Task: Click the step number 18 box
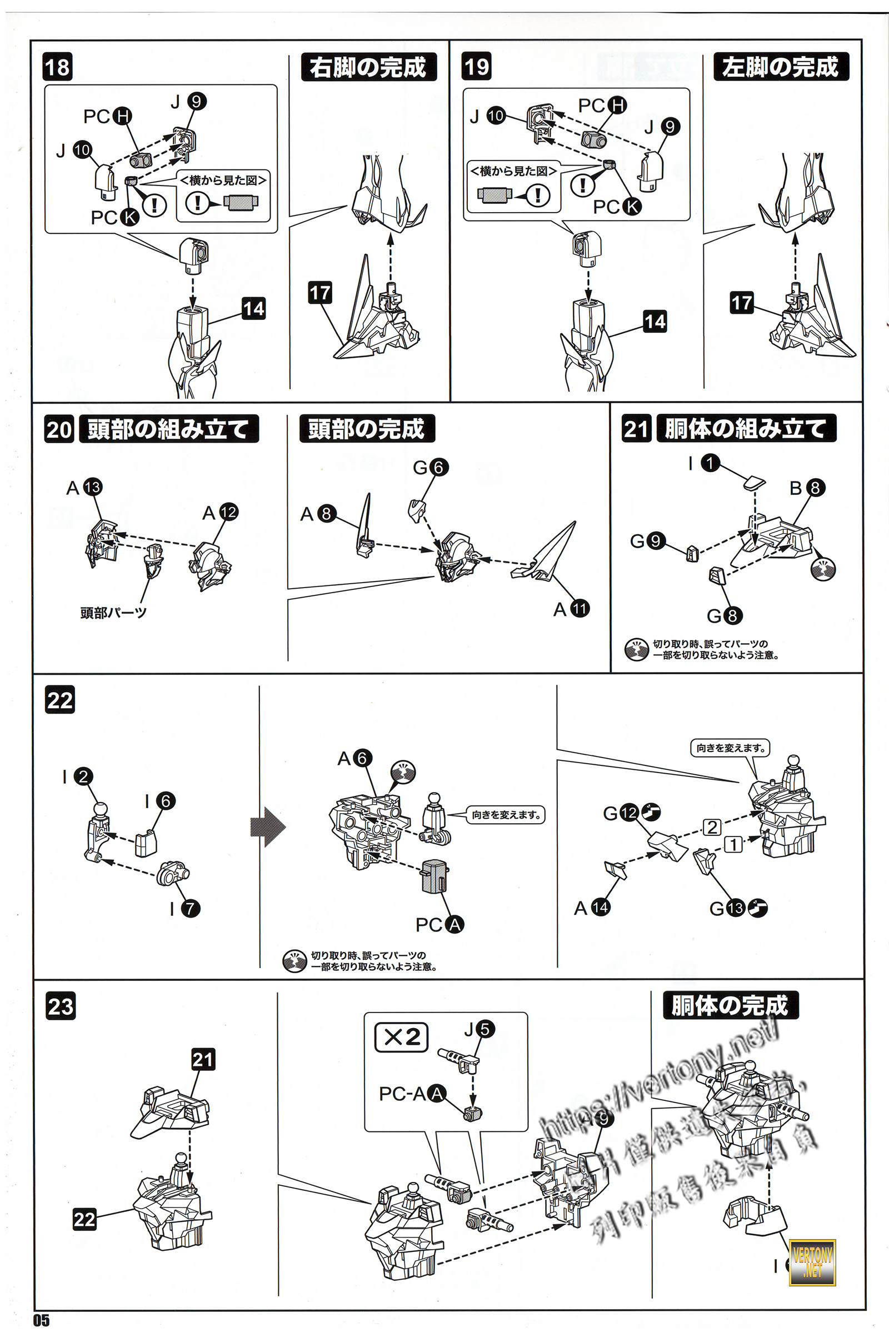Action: point(57,67)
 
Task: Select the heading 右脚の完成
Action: point(368,67)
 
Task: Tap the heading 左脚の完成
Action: point(780,67)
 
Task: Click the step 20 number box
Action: point(58,429)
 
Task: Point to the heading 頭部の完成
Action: point(366,428)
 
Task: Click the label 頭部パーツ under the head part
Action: point(113,613)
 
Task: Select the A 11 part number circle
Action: point(580,609)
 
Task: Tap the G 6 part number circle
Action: point(438,468)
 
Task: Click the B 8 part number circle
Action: point(815,488)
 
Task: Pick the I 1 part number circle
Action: point(710,463)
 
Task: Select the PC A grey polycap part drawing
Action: point(435,876)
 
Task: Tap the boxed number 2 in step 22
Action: point(712,828)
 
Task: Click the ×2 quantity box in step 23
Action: point(401,1037)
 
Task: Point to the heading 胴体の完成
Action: point(730,1005)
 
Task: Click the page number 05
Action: point(41,1320)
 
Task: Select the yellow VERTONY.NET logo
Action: point(812,1262)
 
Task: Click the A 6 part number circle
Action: point(362,758)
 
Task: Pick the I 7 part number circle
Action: point(191,909)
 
